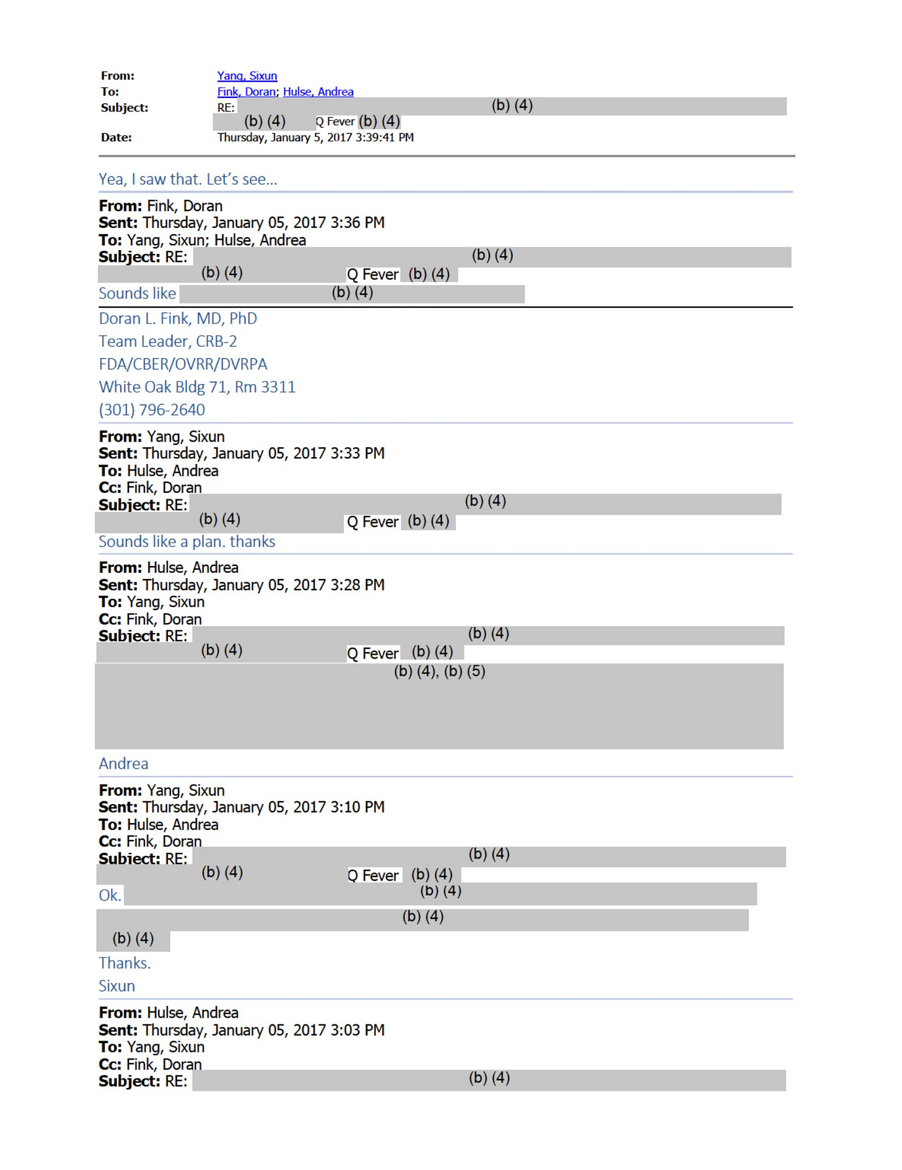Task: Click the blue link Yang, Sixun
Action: click(x=247, y=76)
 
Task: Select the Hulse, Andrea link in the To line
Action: click(x=318, y=92)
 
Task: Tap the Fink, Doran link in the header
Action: click(x=246, y=92)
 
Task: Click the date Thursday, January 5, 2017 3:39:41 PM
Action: click(x=315, y=138)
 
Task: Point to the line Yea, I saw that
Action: click(x=187, y=179)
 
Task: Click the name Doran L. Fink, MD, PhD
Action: click(x=177, y=318)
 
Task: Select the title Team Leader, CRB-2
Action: click(x=167, y=341)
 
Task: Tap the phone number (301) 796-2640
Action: click(x=151, y=410)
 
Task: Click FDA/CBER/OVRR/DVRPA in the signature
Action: click(x=183, y=364)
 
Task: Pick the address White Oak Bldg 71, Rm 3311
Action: click(x=196, y=387)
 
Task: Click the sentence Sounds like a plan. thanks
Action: click(x=186, y=541)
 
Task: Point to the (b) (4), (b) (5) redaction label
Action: click(x=439, y=671)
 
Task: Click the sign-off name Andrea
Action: click(x=123, y=764)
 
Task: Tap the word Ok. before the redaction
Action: click(x=110, y=895)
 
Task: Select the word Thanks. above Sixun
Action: click(x=125, y=963)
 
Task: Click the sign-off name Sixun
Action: click(x=116, y=986)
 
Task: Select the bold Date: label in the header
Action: click(x=116, y=138)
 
